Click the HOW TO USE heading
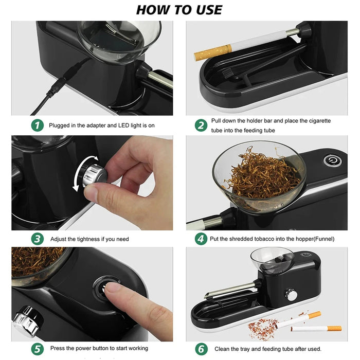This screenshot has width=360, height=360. coord(179,9)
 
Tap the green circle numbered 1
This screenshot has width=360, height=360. coord(37,125)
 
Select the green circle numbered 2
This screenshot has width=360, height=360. coord(201,125)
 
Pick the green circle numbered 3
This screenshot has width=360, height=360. coord(37,239)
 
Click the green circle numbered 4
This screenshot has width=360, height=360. coord(201,239)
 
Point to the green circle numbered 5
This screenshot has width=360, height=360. coord(37,348)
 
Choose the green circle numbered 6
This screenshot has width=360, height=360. coord(201,348)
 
